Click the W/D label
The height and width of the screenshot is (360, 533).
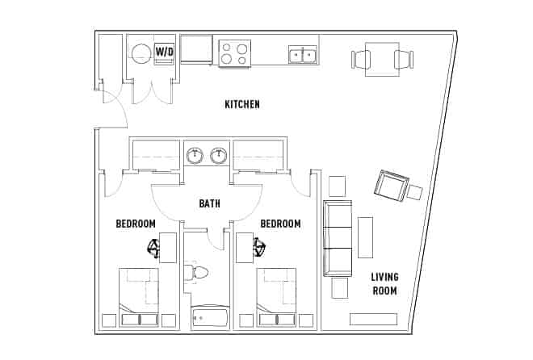pyautogui.click(x=164, y=52)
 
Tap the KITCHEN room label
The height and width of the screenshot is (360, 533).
pyautogui.click(x=241, y=104)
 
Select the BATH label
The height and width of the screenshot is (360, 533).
pyautogui.click(x=209, y=204)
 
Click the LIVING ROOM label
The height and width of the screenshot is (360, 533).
pyautogui.click(x=384, y=284)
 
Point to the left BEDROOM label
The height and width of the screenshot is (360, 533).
pyautogui.click(x=136, y=224)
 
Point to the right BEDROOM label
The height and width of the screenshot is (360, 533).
pyautogui.click(x=280, y=224)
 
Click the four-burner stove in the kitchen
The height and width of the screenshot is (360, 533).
pyautogui.click(x=234, y=53)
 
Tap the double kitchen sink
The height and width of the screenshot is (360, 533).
pyautogui.click(x=303, y=54)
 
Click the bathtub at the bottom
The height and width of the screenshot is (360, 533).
pyautogui.click(x=210, y=317)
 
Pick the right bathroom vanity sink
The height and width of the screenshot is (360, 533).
pyautogui.click(x=218, y=155)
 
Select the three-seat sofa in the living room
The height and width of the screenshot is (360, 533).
pyautogui.click(x=338, y=237)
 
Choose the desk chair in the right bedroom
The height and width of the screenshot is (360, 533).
pyautogui.click(x=258, y=248)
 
